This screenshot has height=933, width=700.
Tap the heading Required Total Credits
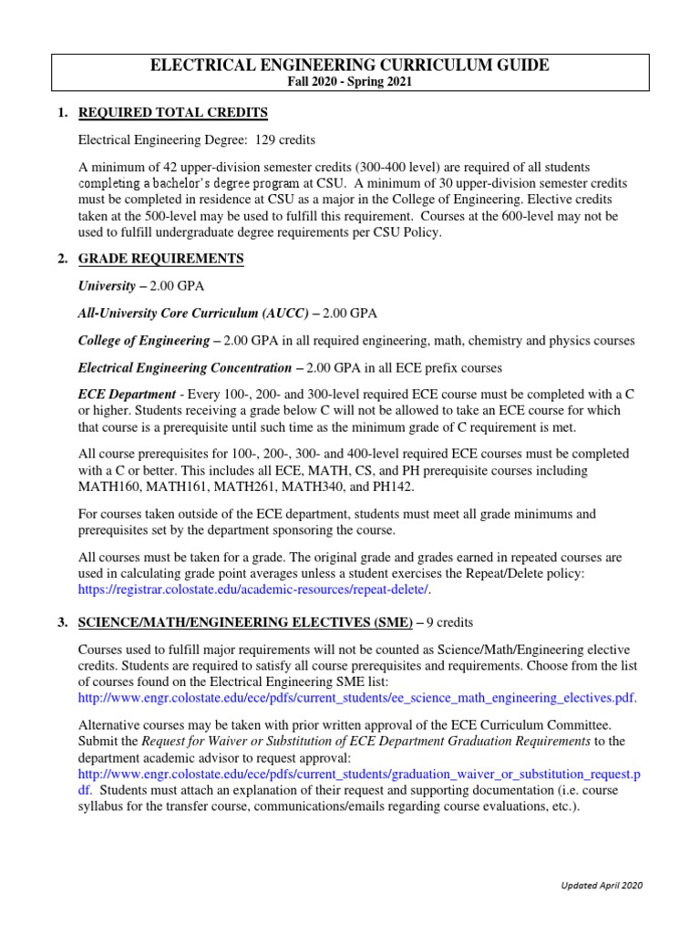click(x=173, y=113)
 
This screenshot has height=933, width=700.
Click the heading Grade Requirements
click(x=161, y=259)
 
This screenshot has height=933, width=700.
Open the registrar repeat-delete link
click(x=252, y=590)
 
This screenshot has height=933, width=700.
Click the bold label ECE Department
click(x=126, y=395)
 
